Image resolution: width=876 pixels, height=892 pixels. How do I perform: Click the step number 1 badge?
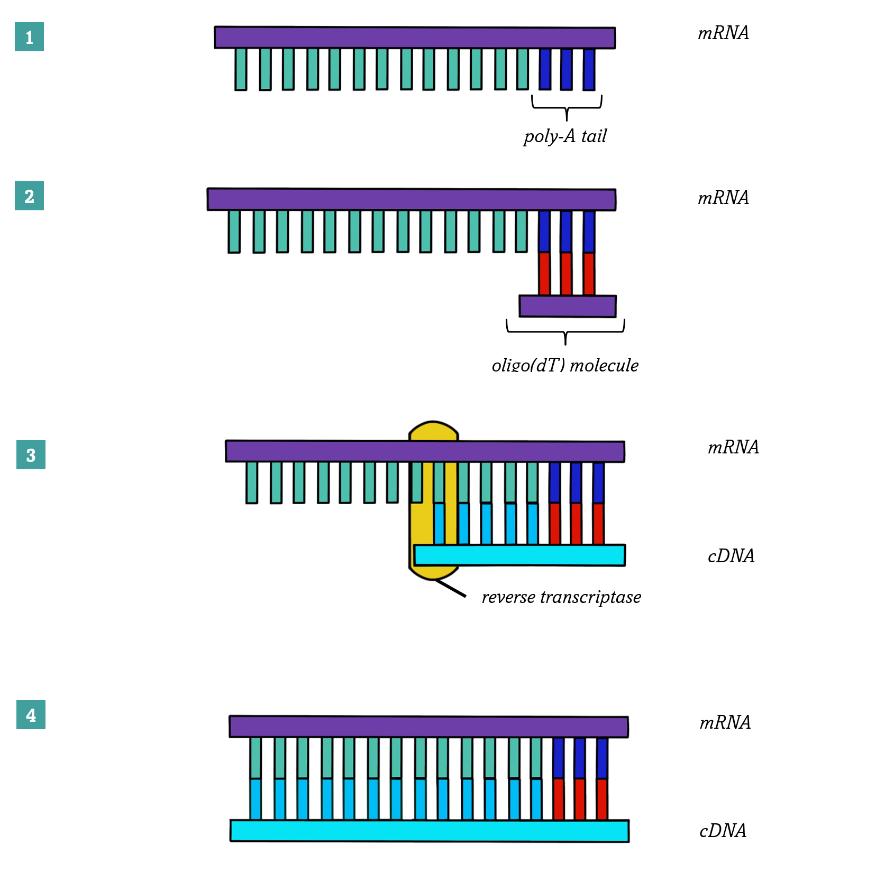29,37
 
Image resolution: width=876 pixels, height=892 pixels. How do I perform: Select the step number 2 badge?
29,196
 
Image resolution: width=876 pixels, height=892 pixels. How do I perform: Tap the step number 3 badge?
31,454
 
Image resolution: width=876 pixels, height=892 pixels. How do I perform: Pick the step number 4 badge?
31,714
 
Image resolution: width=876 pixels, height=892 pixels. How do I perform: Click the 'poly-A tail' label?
565,136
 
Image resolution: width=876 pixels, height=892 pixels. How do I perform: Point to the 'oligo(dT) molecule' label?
565,365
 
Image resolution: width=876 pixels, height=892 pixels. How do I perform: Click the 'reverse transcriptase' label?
561,597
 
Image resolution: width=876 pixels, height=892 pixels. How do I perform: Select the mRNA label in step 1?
723,33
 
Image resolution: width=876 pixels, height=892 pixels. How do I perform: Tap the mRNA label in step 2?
723,198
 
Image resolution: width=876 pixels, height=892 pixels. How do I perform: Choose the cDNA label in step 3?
731,556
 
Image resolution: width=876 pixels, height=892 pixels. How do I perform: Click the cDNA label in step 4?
723,831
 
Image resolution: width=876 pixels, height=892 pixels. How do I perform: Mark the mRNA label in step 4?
725,722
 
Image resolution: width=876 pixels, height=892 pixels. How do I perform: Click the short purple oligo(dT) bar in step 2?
568,306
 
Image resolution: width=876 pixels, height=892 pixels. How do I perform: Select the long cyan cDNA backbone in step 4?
429,831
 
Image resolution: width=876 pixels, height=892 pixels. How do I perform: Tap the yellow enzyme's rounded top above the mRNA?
433,430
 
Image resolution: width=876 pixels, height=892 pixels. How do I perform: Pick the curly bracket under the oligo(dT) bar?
565,331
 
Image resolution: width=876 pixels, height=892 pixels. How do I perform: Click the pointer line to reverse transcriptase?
451,588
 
